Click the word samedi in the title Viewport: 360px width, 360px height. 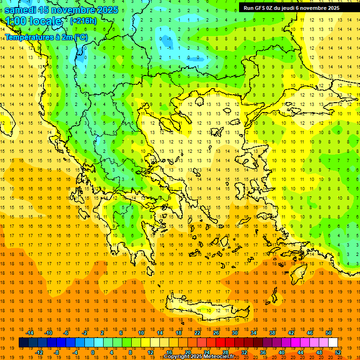click(x=20, y=10)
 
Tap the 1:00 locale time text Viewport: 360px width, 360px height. click(x=33, y=22)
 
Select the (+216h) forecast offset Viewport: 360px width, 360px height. click(x=83, y=21)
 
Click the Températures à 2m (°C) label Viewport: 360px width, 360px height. click(x=46, y=37)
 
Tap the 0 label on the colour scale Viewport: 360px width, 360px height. click(x=92, y=352)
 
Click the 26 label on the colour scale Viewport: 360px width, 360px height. click(x=216, y=333)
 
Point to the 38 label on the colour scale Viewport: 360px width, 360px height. click(x=272, y=333)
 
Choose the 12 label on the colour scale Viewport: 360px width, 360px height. click(x=151, y=352)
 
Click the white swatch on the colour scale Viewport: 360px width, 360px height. click(x=333, y=343)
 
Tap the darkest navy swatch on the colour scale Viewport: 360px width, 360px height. click(x=23, y=343)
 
